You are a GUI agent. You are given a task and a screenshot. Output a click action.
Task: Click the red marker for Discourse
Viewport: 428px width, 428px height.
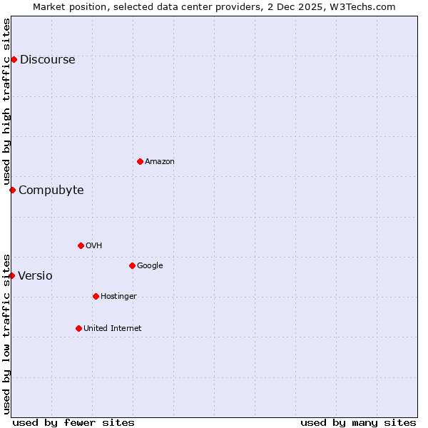14,59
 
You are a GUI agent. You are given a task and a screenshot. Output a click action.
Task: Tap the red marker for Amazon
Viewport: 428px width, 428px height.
140,161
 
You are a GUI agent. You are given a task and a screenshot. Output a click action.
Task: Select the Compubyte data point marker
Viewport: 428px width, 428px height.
12,190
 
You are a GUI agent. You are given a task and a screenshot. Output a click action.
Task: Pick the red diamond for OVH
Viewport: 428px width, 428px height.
81,245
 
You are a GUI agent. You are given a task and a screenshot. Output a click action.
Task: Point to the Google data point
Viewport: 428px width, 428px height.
132,265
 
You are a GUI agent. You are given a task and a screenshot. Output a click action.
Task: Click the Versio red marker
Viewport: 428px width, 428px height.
11,275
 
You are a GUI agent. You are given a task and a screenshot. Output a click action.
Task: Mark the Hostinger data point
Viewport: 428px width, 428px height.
96,296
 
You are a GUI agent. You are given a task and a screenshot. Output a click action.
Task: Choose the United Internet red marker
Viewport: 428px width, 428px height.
78,328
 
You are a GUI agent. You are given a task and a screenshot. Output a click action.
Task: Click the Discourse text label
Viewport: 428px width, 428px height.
47,60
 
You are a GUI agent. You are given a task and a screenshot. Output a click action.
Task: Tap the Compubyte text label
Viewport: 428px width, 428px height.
51,190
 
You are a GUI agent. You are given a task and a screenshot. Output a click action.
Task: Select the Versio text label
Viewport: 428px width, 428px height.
35,276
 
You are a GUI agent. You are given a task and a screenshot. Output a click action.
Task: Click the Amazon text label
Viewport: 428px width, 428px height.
160,162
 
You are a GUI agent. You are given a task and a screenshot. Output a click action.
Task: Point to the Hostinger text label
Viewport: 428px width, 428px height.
118,297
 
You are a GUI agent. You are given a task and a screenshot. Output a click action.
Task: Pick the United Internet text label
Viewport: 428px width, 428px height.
113,329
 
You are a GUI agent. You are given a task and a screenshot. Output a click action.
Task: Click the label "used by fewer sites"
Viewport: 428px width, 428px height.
73,422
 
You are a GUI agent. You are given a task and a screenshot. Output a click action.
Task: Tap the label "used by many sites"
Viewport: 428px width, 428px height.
358,422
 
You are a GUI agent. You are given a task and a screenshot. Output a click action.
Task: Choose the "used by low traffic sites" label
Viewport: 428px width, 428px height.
6,334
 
